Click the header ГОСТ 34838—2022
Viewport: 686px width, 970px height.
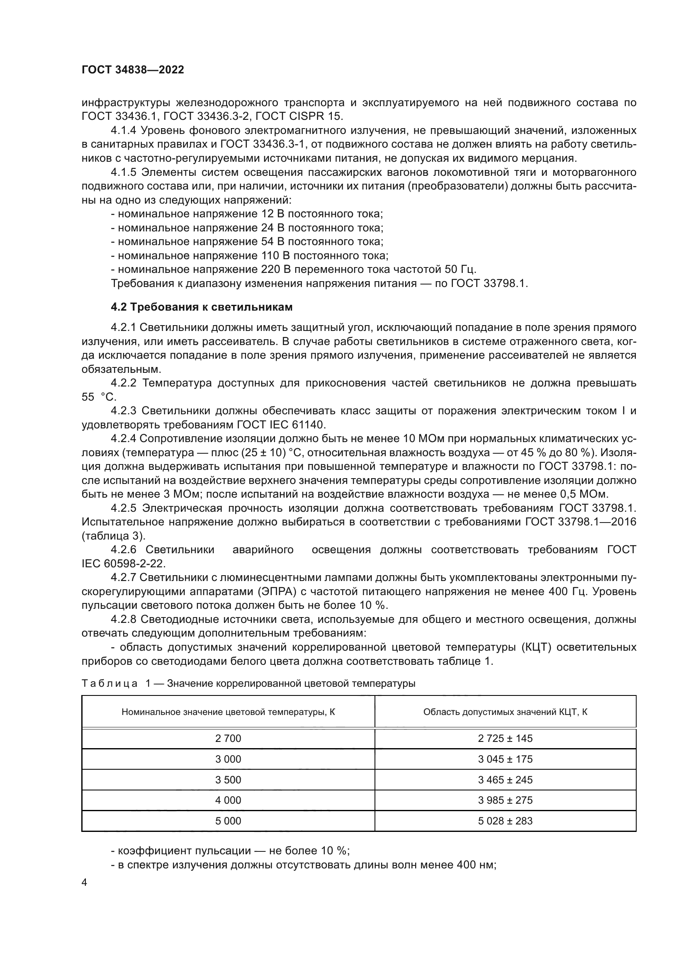point(133,70)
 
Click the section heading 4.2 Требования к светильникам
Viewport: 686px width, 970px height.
point(202,307)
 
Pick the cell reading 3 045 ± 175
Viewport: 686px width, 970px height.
point(505,759)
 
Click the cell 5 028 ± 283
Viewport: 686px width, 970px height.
point(505,821)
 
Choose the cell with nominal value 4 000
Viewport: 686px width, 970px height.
point(228,800)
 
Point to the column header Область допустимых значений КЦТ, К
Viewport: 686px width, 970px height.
point(505,712)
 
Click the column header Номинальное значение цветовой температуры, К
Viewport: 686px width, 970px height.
point(228,712)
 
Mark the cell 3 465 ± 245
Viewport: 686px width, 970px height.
point(505,780)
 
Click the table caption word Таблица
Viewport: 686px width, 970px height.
point(109,683)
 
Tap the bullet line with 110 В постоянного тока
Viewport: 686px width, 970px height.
point(249,255)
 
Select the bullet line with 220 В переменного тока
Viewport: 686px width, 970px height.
point(293,270)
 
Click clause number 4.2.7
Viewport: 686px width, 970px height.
point(123,578)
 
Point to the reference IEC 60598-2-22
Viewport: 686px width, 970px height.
point(123,564)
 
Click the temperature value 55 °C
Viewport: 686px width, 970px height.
point(99,397)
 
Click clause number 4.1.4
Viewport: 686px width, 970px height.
point(123,130)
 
